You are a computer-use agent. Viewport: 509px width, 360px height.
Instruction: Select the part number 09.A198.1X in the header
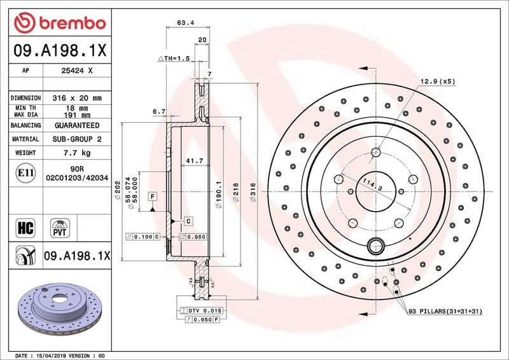click(x=59, y=48)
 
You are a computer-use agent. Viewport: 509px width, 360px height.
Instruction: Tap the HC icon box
click(x=25, y=226)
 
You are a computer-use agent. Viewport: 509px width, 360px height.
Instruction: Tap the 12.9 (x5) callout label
click(x=437, y=81)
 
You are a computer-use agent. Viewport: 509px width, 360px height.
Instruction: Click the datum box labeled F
click(x=153, y=196)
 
